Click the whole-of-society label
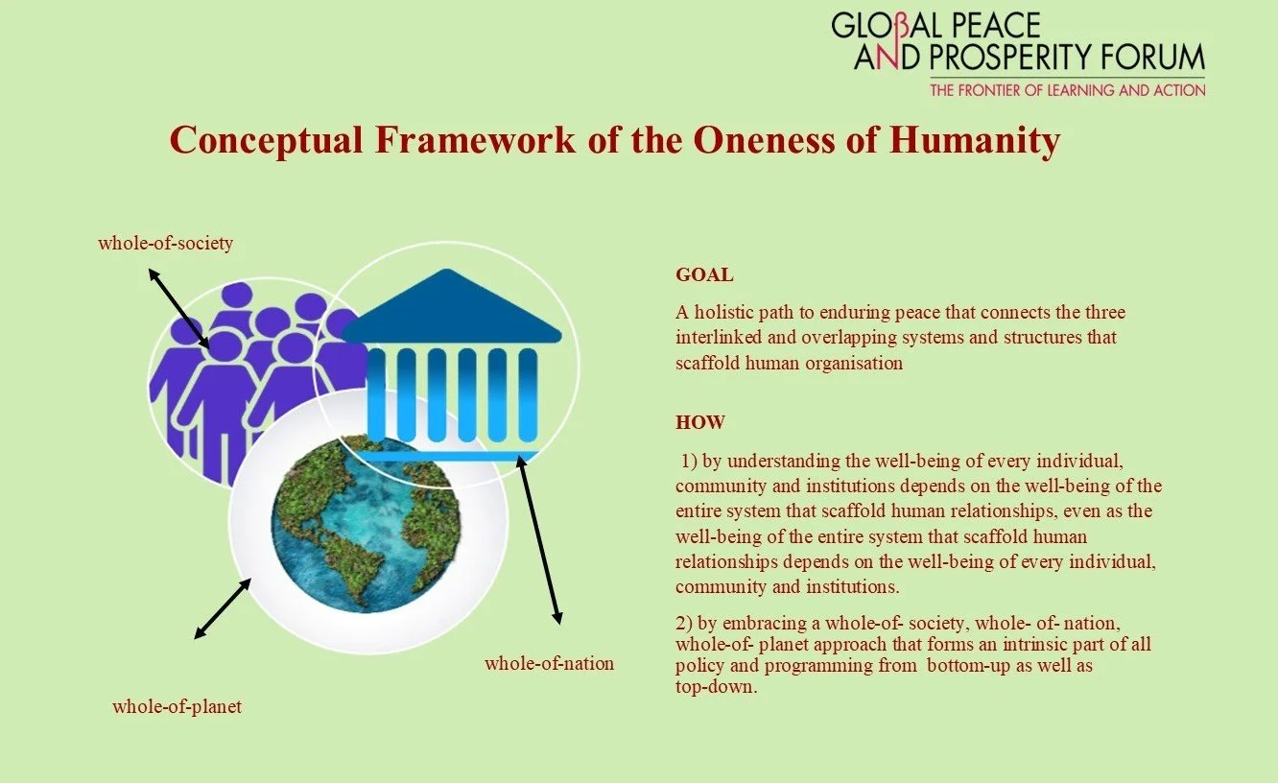coord(165,243)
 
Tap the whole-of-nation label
coord(549,663)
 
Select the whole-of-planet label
coord(177,707)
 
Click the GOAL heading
coord(704,275)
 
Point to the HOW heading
coord(700,422)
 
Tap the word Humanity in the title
coord(975,140)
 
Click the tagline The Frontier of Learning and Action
coord(1067,90)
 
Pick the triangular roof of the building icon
coord(451,308)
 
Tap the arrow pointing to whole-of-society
coord(178,308)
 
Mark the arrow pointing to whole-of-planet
coord(223,608)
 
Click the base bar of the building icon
coord(451,456)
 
